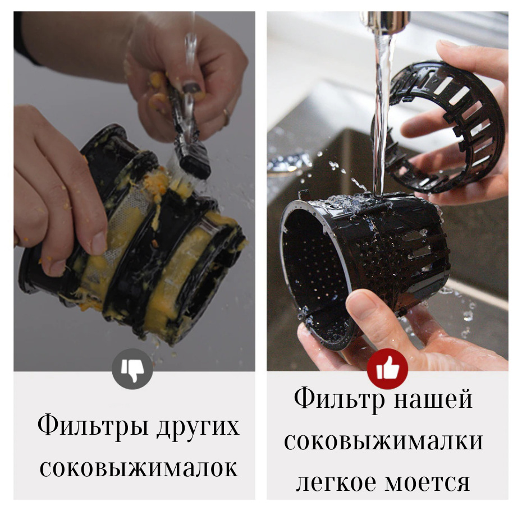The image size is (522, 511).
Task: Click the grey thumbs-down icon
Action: click(132, 369)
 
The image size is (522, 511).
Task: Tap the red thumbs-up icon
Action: click(387, 369)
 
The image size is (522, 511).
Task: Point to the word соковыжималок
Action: click(139, 468)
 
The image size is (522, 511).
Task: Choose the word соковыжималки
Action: click(383, 441)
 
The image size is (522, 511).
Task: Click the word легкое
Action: click(337, 483)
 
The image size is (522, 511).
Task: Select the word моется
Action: click(427, 483)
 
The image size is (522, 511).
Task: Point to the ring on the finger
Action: click(226, 117)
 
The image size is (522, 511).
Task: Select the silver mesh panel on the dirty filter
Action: click(126, 219)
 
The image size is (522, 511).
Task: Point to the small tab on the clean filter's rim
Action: click(303, 195)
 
